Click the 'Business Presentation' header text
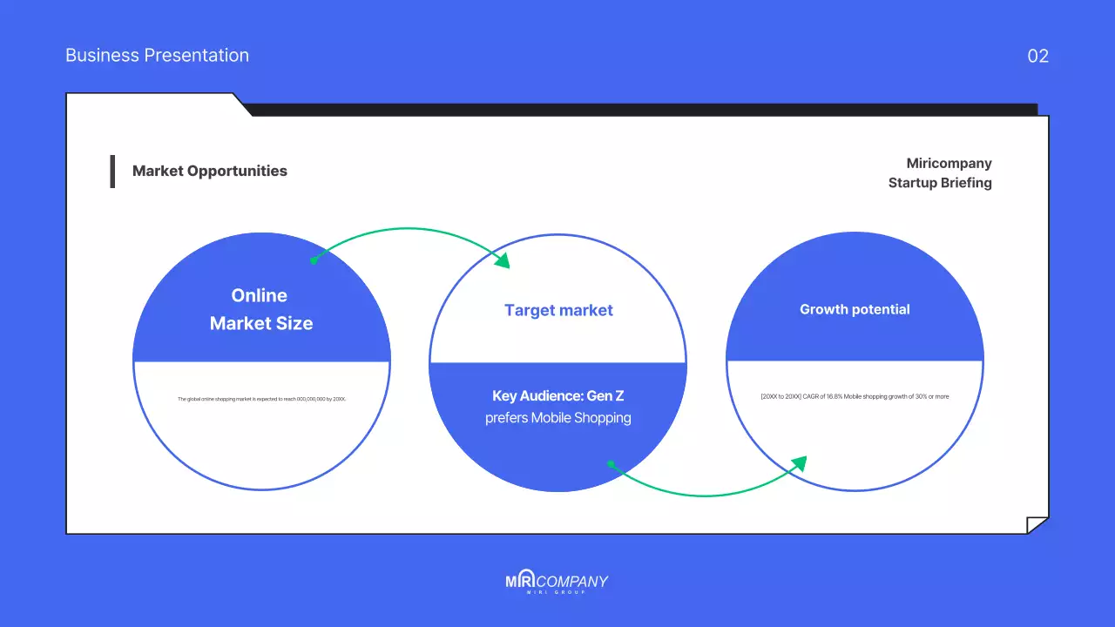coord(157,56)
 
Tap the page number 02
coord(1037,57)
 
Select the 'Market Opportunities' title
coord(209,171)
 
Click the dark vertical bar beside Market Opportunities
coord(112,172)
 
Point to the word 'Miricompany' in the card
coord(949,164)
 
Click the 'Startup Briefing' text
coord(940,183)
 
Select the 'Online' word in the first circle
coord(259,295)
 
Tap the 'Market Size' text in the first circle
coord(261,323)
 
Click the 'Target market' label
coord(558,310)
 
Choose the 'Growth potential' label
coord(855,309)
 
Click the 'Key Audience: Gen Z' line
coord(558,396)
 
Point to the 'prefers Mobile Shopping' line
coord(558,418)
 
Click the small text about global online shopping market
coord(261,399)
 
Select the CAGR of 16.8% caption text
coord(855,396)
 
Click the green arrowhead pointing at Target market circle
coord(502,260)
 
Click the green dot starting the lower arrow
coord(611,464)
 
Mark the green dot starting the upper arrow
coord(314,260)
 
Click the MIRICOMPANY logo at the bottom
coord(557,583)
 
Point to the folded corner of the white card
coord(1037,525)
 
